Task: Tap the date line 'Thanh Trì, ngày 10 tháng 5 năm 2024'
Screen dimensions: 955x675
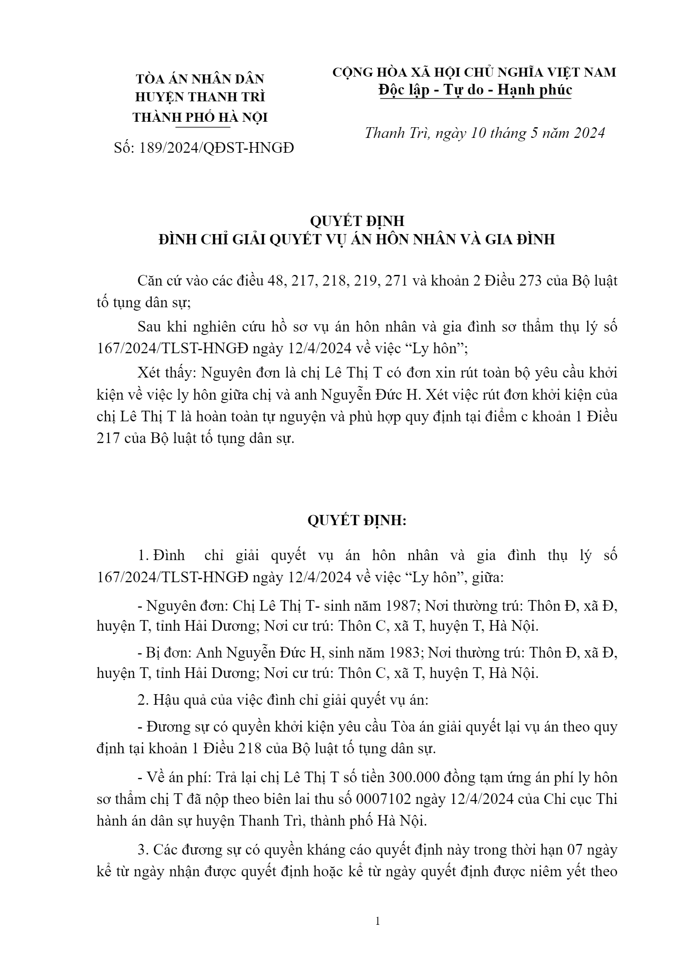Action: (485, 133)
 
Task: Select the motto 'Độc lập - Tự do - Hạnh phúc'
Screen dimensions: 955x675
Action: (475, 90)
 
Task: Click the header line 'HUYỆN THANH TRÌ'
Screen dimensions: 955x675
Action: (200, 97)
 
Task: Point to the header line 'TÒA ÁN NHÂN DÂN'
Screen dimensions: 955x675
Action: (200, 79)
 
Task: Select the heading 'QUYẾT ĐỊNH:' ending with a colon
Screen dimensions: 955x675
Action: (357, 520)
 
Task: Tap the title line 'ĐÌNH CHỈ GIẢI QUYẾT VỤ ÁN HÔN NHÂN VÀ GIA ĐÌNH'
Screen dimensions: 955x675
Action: (357, 239)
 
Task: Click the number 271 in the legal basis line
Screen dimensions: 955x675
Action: (397, 281)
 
